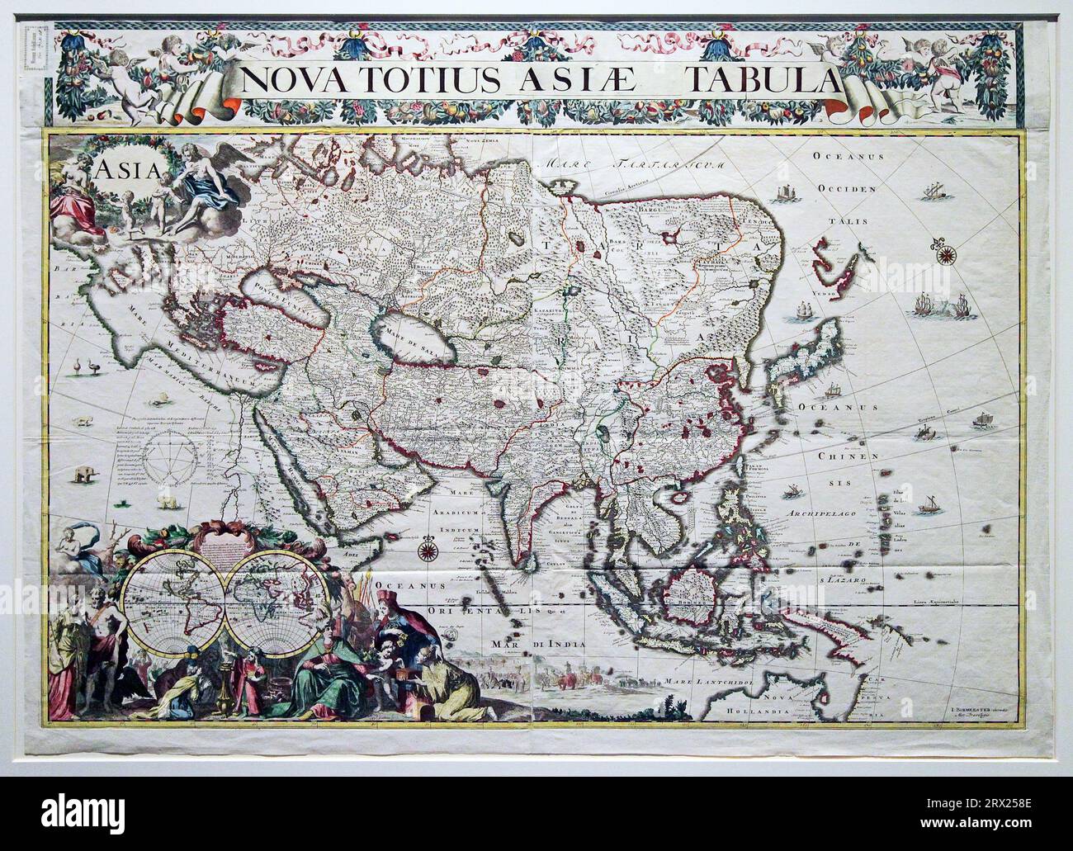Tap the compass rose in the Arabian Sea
point(428,547)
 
